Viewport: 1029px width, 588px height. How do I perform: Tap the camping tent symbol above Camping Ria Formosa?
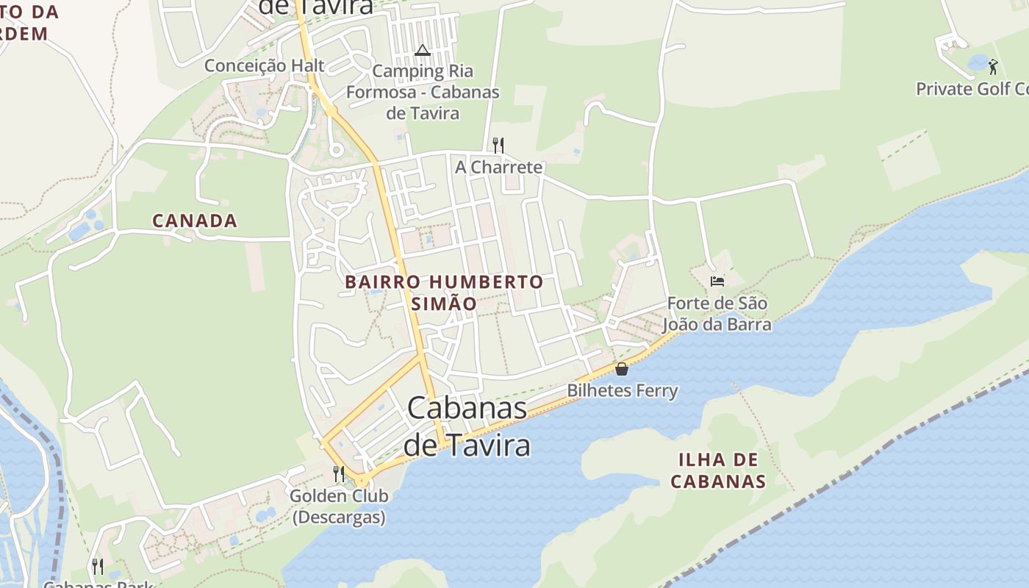(422, 51)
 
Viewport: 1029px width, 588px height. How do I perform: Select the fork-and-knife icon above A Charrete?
(498, 144)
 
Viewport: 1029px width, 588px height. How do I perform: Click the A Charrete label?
(498, 167)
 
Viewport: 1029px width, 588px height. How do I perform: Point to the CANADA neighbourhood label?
(194, 220)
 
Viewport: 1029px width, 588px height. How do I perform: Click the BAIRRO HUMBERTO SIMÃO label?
(444, 293)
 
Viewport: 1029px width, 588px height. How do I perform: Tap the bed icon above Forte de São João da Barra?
(717, 281)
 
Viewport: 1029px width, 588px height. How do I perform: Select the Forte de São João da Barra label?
(717, 314)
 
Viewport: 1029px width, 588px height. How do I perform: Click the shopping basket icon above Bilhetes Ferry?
(622, 369)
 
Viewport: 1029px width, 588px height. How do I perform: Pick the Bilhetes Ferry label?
(622, 390)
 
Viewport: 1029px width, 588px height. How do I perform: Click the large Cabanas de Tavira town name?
(467, 426)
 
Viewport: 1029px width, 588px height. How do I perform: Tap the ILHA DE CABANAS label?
(719, 471)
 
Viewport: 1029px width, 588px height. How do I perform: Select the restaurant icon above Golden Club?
(339, 474)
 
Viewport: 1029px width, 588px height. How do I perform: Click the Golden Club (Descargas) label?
(339, 506)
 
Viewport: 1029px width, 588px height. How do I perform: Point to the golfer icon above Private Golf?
(993, 67)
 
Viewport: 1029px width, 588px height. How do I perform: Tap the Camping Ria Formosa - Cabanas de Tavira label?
(423, 92)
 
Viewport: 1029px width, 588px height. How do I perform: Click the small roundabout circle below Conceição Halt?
(336, 151)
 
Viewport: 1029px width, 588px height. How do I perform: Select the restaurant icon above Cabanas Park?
(97, 566)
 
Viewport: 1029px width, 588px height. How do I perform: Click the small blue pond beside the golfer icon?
(978, 64)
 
